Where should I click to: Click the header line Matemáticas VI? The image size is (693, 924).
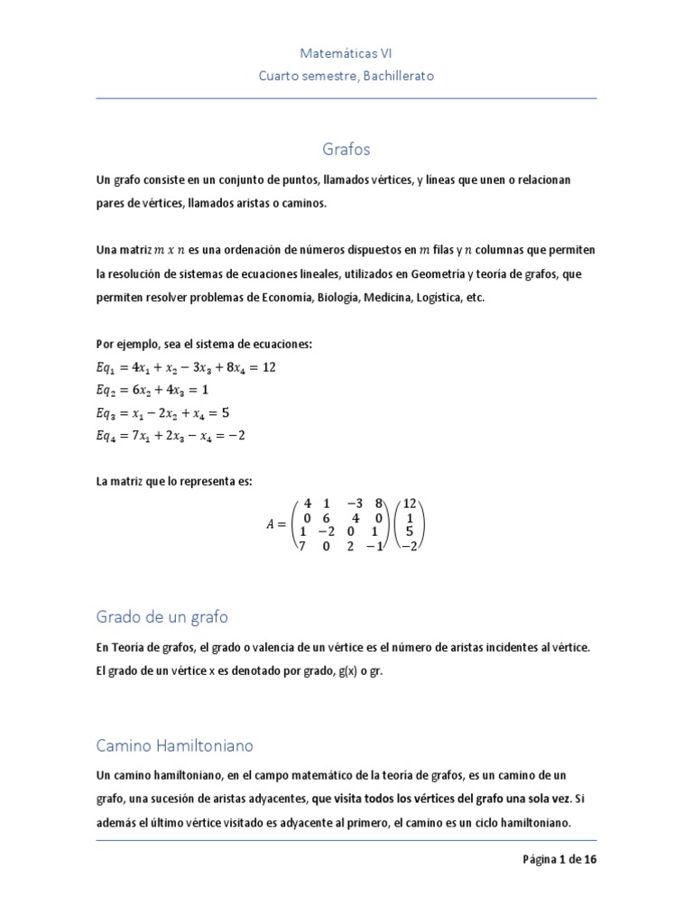[x=346, y=54]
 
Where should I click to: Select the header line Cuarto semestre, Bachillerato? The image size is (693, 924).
[x=346, y=76]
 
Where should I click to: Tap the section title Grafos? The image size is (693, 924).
[x=346, y=148]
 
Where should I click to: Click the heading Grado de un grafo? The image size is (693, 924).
[x=162, y=617]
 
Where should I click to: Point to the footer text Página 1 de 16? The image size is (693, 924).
[x=559, y=859]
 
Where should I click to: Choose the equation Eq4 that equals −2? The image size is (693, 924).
[x=171, y=435]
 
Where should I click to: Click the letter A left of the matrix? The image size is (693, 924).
[x=271, y=524]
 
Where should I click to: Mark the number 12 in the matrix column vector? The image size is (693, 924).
[x=409, y=504]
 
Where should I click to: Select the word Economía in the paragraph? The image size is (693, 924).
[x=276, y=298]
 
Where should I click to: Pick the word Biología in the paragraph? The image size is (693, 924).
[x=333, y=298]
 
